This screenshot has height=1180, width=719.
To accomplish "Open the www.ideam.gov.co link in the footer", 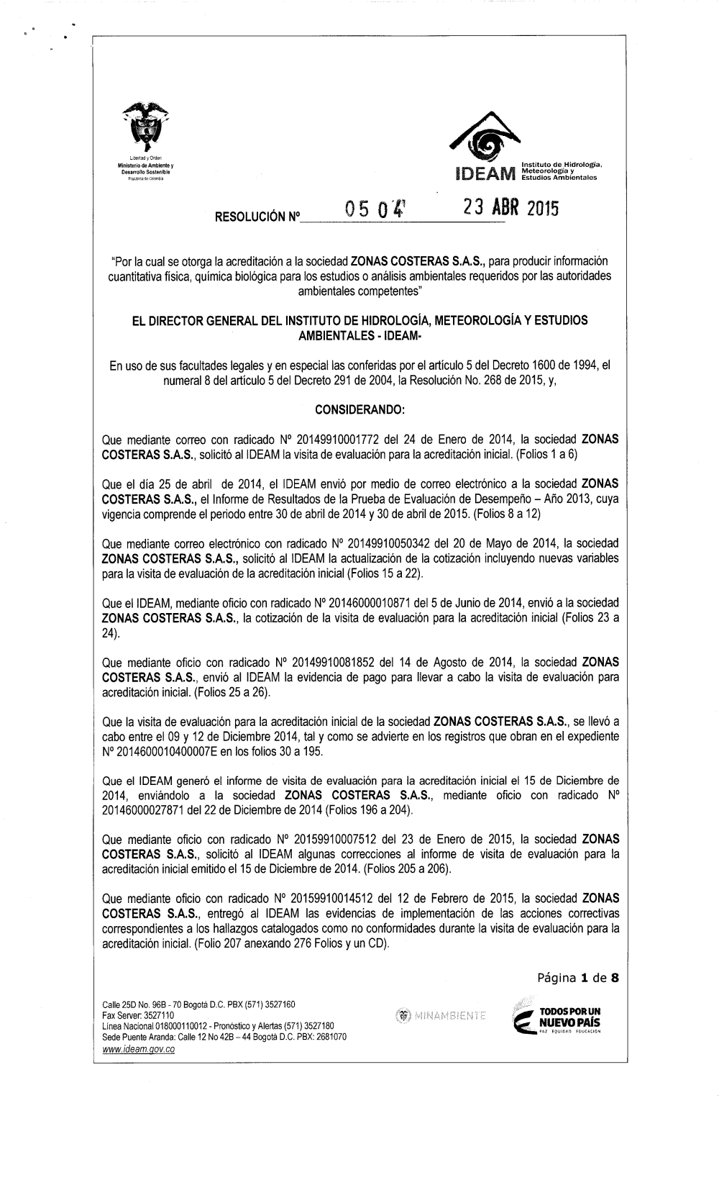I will tap(139, 1050).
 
